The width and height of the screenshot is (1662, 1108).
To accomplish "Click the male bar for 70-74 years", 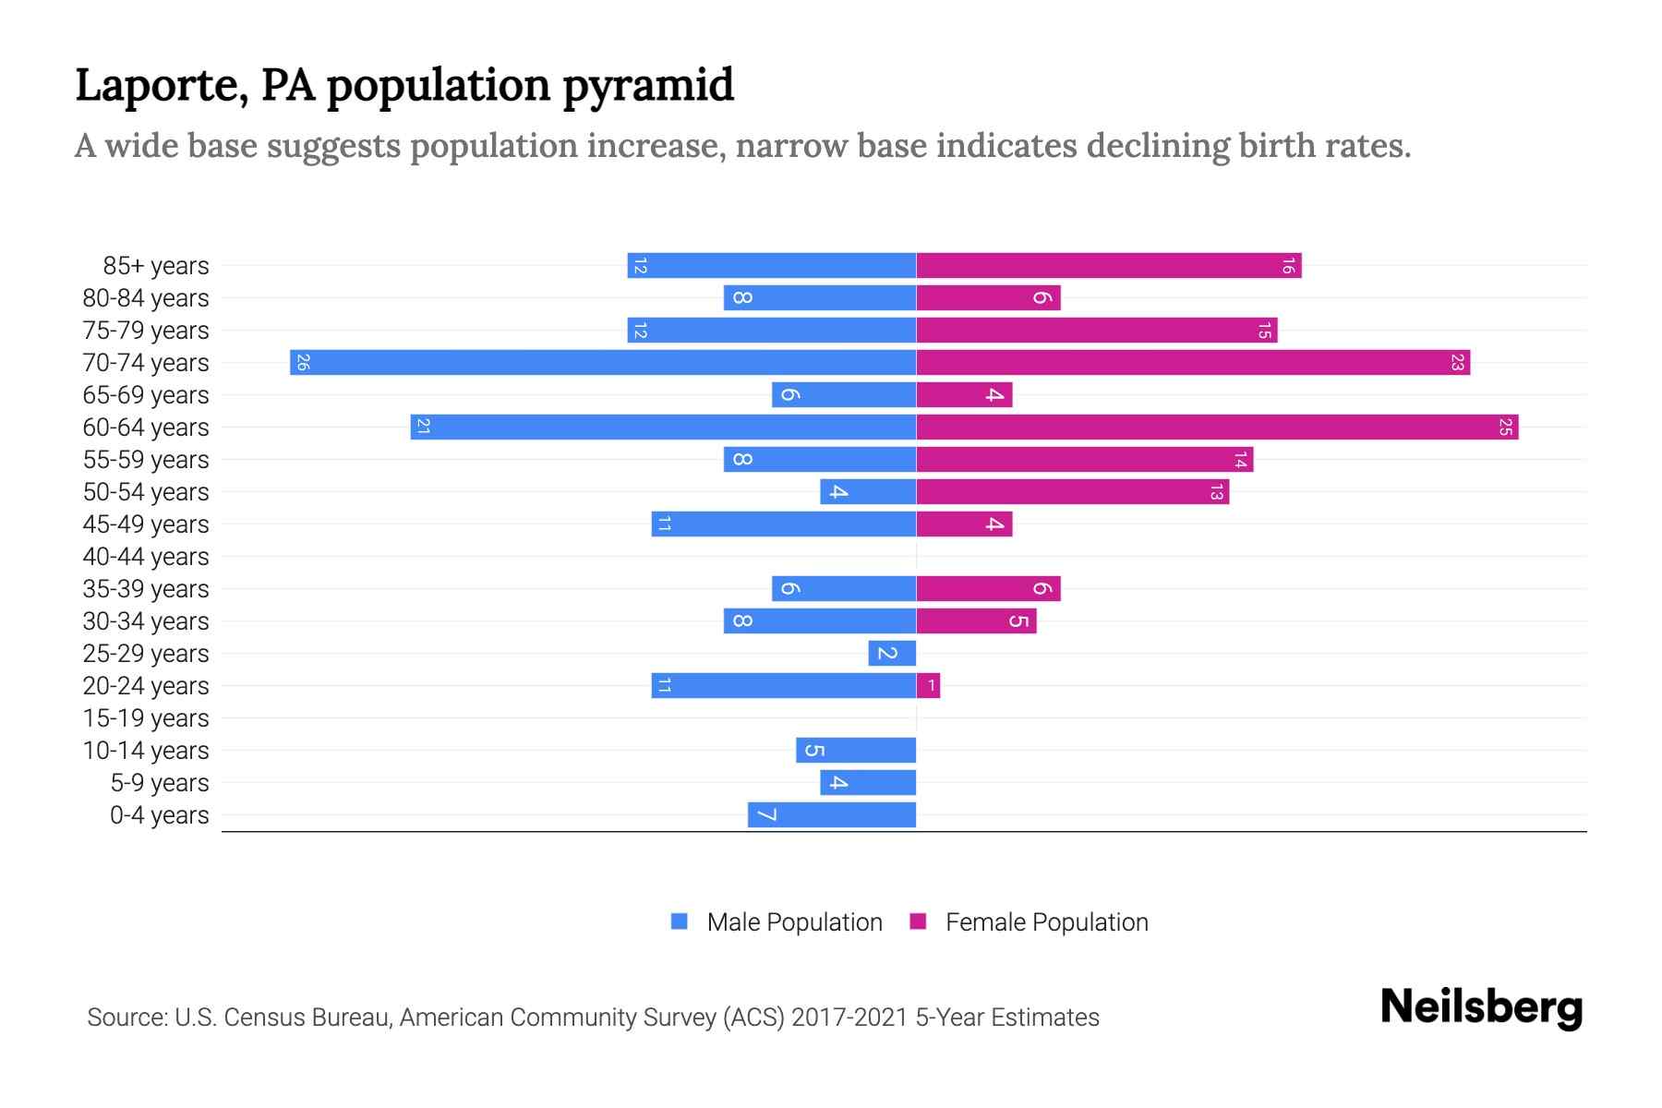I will click(x=603, y=363).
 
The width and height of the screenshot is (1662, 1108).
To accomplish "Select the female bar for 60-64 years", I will click(x=1217, y=428).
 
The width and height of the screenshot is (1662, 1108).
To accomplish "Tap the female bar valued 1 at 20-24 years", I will click(x=929, y=686).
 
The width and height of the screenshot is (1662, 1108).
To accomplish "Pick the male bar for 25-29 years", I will click(x=892, y=654).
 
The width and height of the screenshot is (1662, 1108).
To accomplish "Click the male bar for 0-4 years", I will click(x=832, y=815).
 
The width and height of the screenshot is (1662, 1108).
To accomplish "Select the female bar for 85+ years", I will click(x=1108, y=266).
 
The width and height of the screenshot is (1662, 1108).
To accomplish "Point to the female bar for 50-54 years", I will click(x=1072, y=492).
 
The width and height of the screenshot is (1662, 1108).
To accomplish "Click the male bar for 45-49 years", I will click(x=783, y=524).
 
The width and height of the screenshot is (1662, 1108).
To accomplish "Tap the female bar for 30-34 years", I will click(x=976, y=621).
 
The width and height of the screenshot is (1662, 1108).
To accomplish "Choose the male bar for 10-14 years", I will click(x=856, y=751).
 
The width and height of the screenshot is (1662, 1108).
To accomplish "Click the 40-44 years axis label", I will click(x=146, y=557).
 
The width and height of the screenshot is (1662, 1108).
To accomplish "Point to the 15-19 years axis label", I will click(x=146, y=718).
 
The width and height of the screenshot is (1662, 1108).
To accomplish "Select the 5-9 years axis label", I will click(x=159, y=783).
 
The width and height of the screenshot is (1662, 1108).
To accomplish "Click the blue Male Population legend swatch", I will click(x=680, y=921).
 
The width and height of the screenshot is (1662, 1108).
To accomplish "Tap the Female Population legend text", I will click(x=1046, y=922).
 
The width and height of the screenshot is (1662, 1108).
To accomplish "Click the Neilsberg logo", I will click(x=1481, y=1006).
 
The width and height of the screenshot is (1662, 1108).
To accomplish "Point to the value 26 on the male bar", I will click(x=303, y=363).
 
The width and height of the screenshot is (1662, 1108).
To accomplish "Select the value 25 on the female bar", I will click(x=1505, y=428).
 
